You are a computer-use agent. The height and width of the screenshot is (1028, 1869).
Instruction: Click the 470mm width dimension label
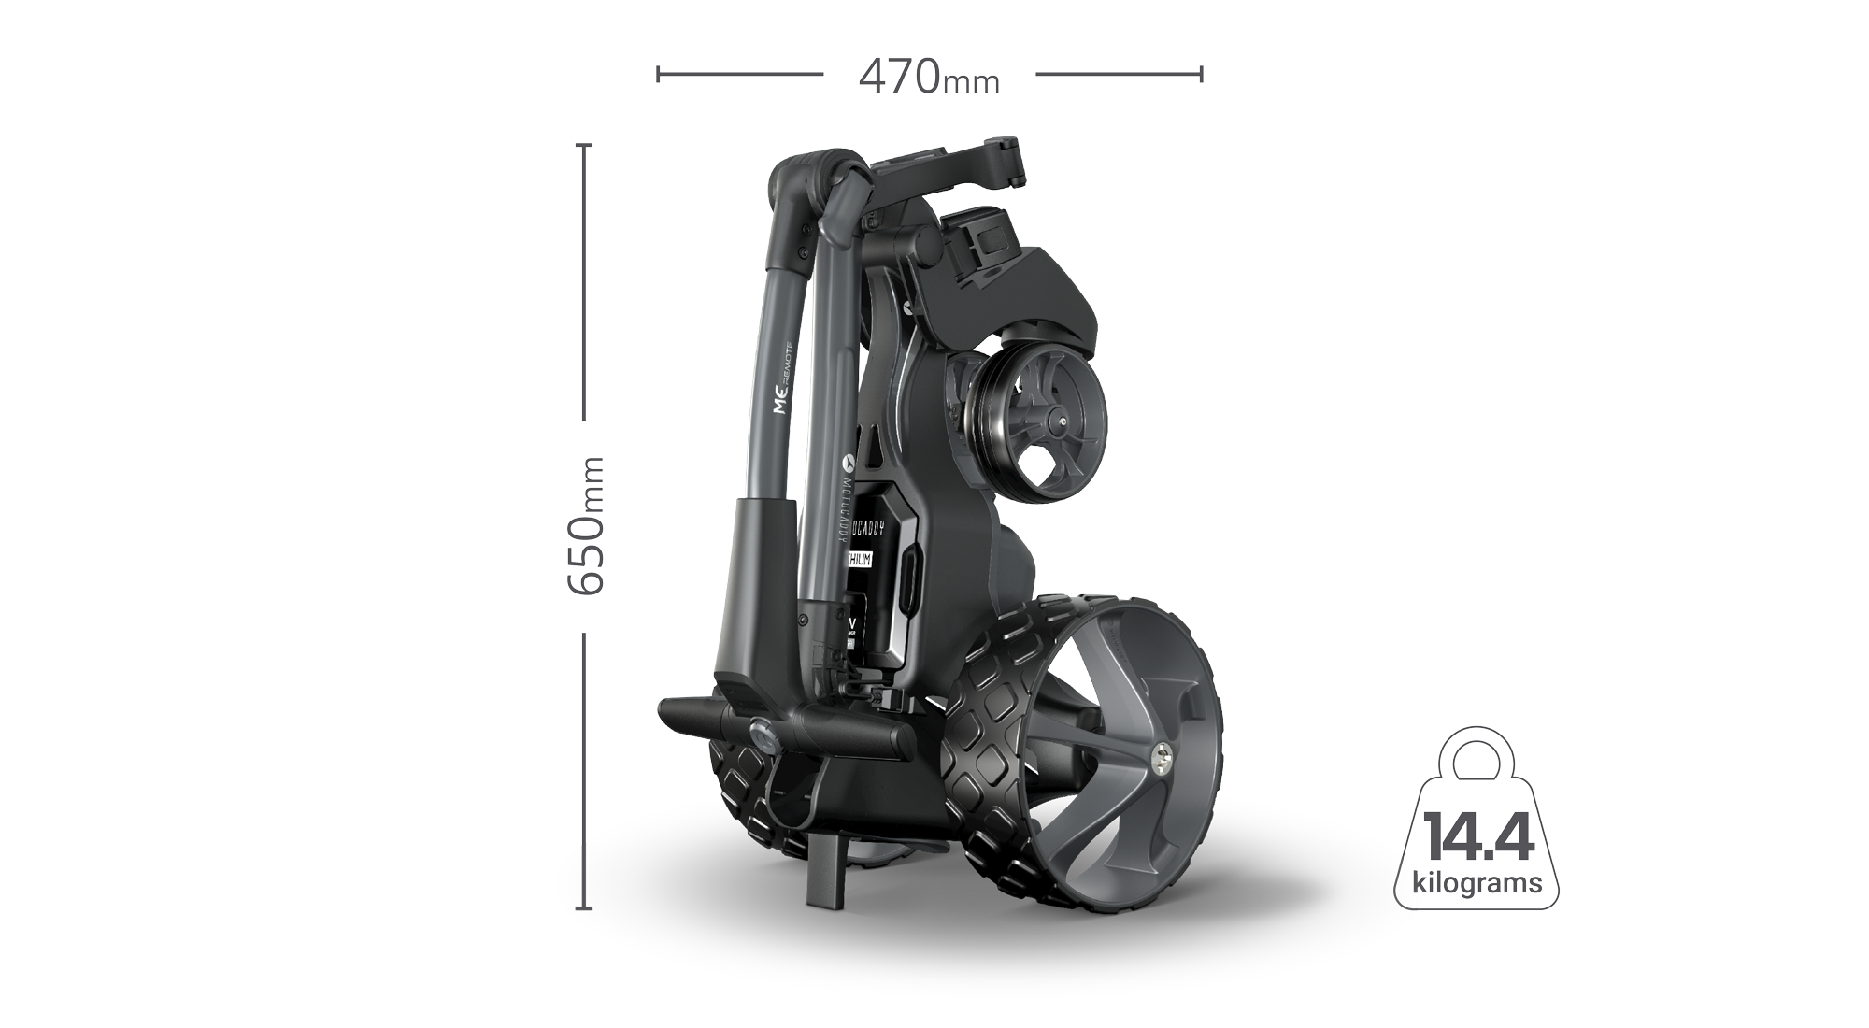[x=929, y=77]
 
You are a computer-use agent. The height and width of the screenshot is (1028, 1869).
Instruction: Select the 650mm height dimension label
[x=587, y=525]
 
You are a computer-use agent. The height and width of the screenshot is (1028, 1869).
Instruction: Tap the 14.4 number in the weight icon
[x=1477, y=837]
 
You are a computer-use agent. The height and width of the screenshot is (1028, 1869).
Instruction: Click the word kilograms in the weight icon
[x=1477, y=882]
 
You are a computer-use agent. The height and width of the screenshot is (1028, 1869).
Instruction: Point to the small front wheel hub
[x=1063, y=422]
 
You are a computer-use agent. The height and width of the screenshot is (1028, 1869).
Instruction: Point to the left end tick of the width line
[x=659, y=74]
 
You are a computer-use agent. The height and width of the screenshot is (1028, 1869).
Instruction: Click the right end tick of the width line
[x=1201, y=74]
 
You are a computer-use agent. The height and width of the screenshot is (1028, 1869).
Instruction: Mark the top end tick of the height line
[x=585, y=146]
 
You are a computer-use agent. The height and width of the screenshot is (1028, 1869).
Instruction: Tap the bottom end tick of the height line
[x=585, y=907]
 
